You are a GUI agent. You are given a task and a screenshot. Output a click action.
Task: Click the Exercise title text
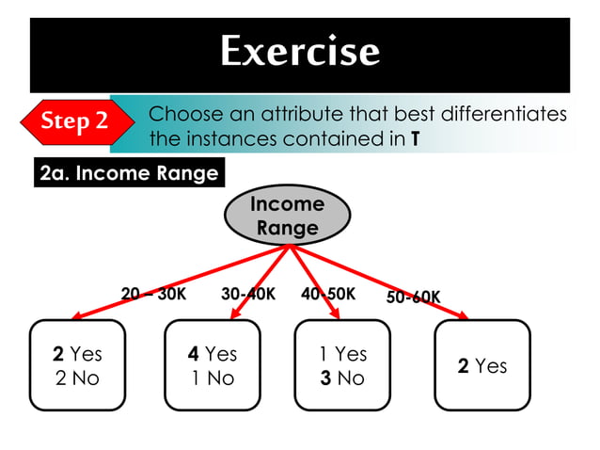pos(300,51)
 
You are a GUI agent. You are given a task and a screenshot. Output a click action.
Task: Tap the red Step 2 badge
pos(73,121)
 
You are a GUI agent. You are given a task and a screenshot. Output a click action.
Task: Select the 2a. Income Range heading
pos(129,173)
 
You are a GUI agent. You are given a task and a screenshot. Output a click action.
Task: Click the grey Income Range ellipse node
pos(287,216)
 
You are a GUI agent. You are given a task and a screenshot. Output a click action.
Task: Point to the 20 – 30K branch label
pos(153,294)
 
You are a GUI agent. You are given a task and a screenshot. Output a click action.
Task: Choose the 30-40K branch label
pos(247,294)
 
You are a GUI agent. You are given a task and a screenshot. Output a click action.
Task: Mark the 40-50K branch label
pos(327,294)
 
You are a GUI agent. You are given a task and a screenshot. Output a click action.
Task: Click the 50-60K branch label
pos(413,297)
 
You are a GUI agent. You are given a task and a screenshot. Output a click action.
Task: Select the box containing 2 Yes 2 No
pos(77,365)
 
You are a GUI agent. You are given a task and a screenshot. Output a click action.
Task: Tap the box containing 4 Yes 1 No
pos(212,365)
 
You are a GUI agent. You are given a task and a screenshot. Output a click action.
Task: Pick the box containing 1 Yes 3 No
pos(342,365)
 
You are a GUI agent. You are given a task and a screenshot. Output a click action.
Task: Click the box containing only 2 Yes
pos(482,365)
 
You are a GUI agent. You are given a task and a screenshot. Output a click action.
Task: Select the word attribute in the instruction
pos(312,115)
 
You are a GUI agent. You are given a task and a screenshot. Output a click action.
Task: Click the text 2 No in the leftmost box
pos(77,378)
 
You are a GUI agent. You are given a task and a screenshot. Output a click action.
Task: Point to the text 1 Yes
pos(342,354)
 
